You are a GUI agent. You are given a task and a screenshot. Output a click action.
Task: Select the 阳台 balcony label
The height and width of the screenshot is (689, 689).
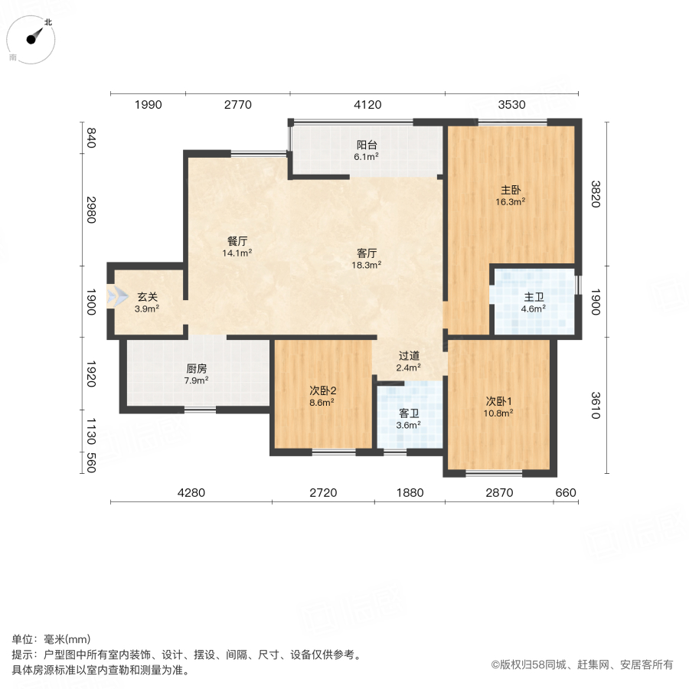tap(367, 145)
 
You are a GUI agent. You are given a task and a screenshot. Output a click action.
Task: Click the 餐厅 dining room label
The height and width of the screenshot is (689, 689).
tap(237, 240)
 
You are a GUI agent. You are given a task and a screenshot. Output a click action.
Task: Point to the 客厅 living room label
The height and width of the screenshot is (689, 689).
tap(367, 253)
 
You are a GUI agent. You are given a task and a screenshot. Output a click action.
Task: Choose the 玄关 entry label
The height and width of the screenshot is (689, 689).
tap(147, 297)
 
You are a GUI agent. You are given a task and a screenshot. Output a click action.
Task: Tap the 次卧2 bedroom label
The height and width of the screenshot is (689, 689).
tap(322, 390)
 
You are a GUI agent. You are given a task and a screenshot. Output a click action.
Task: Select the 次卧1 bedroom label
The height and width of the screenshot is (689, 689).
tap(499, 401)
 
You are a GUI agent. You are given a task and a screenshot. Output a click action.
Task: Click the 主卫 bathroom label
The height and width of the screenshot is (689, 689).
tap(533, 298)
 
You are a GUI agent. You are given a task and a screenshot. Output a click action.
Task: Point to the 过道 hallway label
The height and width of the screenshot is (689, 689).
tap(409, 355)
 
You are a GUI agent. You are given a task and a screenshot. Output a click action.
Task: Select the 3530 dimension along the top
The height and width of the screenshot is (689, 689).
tap(511, 106)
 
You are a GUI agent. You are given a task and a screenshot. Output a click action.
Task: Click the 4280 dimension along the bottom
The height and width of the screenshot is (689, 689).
tap(191, 492)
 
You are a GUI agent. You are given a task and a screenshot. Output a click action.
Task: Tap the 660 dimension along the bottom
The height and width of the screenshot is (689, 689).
tap(566, 492)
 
